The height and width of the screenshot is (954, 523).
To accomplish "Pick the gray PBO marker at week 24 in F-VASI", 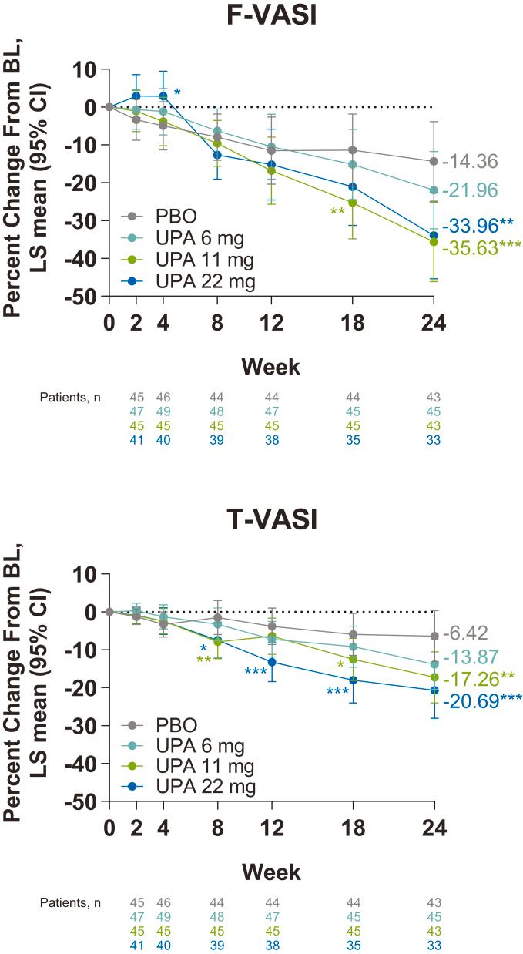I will (434, 161).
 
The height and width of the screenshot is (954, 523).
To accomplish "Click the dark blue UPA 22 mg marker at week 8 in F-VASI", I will (218, 155).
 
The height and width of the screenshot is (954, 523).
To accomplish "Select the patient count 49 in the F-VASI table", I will (163, 411).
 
